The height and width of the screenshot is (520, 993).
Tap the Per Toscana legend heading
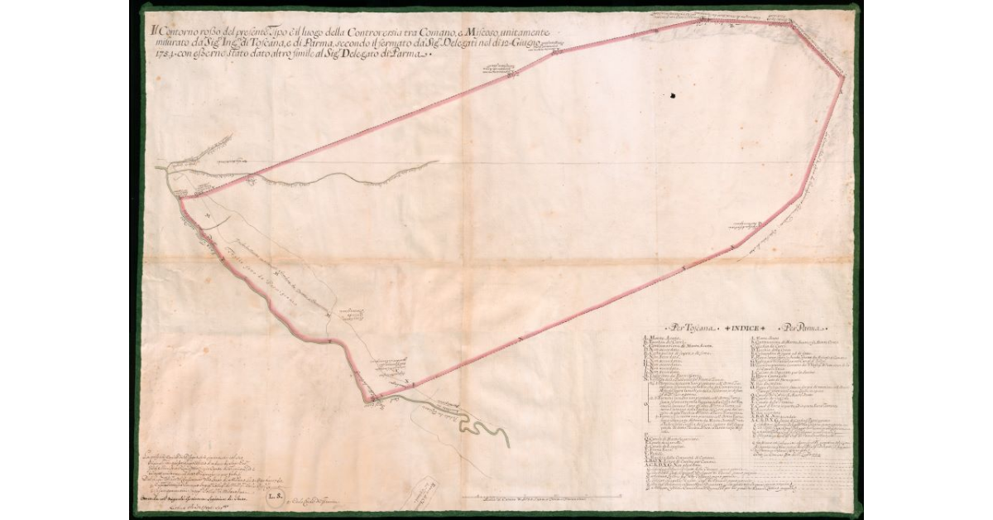coord(684,327)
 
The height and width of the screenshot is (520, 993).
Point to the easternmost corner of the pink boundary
coord(842,77)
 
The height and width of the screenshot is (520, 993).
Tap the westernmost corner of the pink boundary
coord(178,197)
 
